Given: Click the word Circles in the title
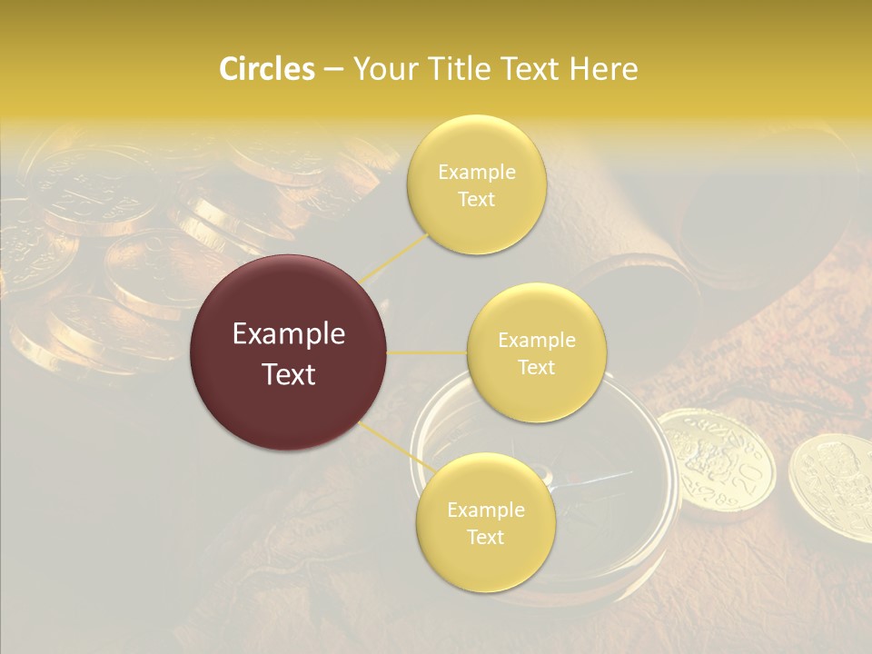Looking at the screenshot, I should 266,69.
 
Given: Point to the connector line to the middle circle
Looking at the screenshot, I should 427,352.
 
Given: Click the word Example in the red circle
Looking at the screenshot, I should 289,334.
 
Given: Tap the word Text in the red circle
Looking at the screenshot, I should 289,374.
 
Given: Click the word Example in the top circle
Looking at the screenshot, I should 477,173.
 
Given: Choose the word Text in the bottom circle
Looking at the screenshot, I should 485,537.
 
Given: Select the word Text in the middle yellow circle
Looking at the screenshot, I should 536,367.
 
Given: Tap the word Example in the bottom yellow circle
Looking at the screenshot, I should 485,510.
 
